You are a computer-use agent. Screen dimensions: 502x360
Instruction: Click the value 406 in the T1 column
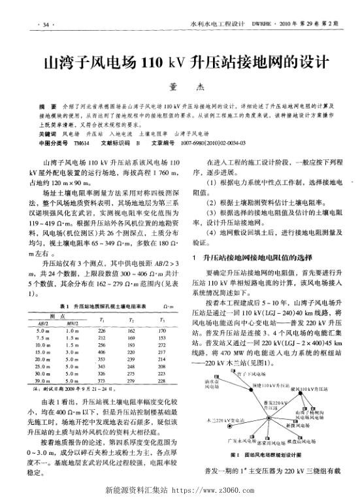[102, 349]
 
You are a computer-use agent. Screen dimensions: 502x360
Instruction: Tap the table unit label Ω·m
[167, 307]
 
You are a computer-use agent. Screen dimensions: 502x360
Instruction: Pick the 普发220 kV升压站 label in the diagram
[282, 420]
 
